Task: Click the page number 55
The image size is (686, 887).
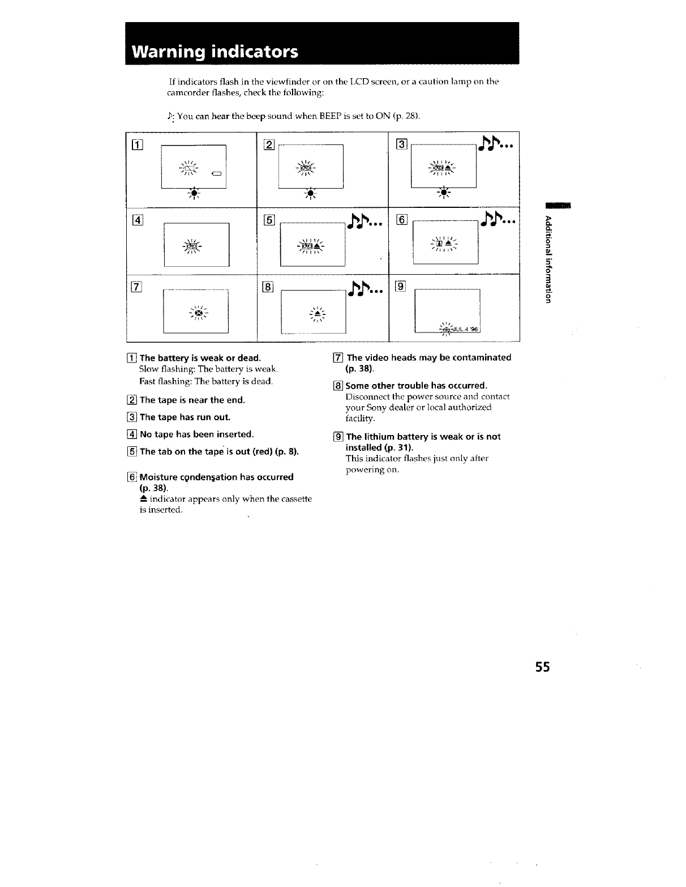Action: [542, 667]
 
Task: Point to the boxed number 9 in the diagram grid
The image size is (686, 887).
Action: [400, 287]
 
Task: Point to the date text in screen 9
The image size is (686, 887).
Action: [464, 330]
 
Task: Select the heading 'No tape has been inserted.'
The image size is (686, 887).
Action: [196, 434]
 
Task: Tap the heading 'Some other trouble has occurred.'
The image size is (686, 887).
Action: [417, 386]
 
